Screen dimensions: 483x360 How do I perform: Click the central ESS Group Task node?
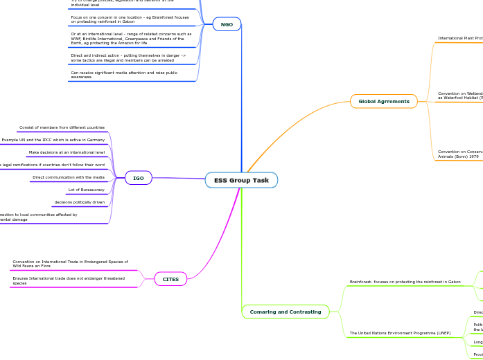241,180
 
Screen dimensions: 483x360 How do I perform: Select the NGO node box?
227,25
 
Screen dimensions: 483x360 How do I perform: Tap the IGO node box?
139,178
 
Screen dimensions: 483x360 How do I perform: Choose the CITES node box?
170,279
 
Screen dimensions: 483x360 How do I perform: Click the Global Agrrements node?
383,101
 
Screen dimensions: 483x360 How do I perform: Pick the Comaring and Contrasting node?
285,312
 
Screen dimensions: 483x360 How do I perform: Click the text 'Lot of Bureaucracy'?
86,190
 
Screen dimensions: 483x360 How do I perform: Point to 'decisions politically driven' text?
80,202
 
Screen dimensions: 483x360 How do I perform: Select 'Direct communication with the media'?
69,177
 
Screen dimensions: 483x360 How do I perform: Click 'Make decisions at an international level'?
67,152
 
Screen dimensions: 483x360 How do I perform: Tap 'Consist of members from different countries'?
62,127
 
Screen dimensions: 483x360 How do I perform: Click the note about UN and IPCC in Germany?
53,140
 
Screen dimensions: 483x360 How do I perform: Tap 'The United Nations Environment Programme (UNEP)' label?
400,333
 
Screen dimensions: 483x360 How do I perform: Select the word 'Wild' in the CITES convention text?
17,266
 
